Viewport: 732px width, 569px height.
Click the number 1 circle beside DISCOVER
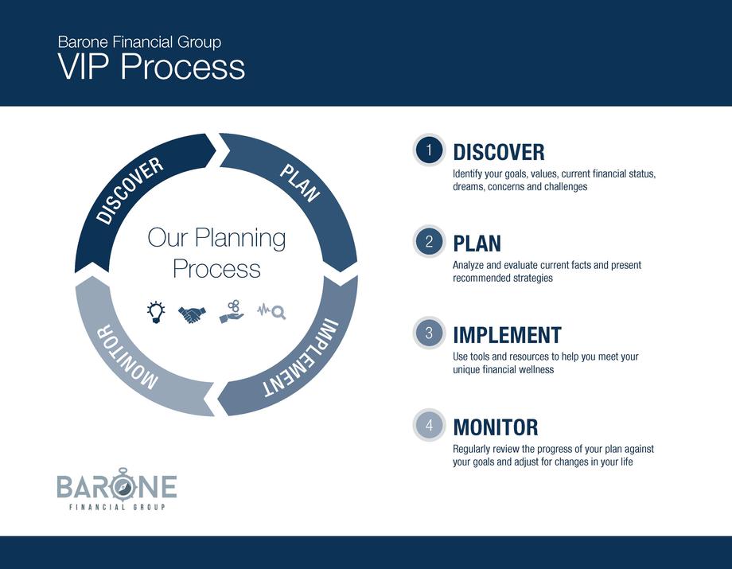pyautogui.click(x=429, y=150)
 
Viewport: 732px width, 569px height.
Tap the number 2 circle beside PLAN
pyautogui.click(x=429, y=242)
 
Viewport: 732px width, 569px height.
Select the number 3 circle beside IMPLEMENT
pyautogui.click(x=429, y=333)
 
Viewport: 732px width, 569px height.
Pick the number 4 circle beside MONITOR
pyautogui.click(x=429, y=425)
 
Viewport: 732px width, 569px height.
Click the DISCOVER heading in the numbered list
pyautogui.click(x=499, y=153)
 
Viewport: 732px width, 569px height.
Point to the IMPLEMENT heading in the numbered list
pyautogui.click(x=507, y=335)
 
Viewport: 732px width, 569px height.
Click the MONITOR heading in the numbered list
pyautogui.click(x=496, y=427)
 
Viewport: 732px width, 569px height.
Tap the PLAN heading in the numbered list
pyautogui.click(x=477, y=244)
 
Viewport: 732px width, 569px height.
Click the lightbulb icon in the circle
pyautogui.click(x=155, y=312)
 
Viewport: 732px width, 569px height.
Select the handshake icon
pyautogui.click(x=192, y=314)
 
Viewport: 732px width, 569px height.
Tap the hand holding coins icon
pyautogui.click(x=232, y=312)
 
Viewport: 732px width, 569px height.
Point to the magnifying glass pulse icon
pyautogui.click(x=271, y=311)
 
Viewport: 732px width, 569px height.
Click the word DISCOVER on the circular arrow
pyautogui.click(x=130, y=190)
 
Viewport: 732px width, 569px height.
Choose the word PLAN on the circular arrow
pyautogui.click(x=299, y=183)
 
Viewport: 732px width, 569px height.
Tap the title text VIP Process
pyautogui.click(x=151, y=66)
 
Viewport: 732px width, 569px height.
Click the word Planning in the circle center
pyautogui.click(x=240, y=239)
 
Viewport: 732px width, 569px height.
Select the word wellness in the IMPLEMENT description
pyautogui.click(x=536, y=370)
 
